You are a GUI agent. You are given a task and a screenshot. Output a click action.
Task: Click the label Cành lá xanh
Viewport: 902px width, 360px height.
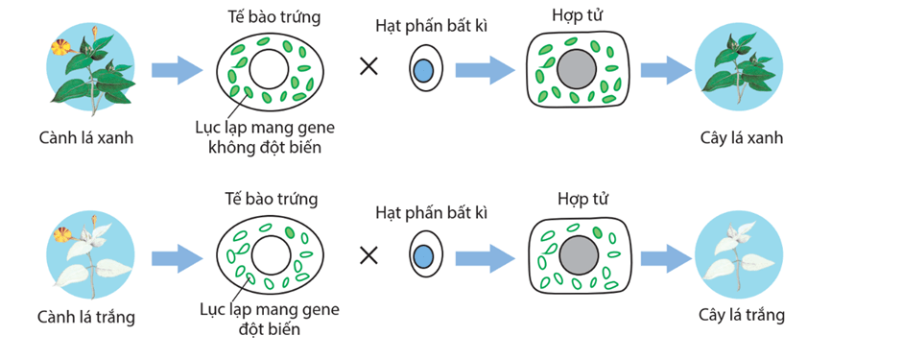click(x=86, y=137)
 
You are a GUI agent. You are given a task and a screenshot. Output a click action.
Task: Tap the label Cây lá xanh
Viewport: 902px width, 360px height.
click(x=742, y=137)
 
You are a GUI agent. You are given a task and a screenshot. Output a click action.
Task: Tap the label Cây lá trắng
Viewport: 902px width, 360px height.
click(x=743, y=314)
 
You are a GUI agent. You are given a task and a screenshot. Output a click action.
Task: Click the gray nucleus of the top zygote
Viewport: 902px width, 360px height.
click(x=578, y=70)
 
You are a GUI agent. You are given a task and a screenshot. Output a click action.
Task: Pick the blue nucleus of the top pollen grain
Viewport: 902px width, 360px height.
click(x=422, y=70)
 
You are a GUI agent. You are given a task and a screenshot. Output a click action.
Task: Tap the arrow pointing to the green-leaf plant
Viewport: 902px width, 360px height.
click(x=666, y=69)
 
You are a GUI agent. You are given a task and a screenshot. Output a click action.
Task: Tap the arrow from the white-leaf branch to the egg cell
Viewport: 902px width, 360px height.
click(x=177, y=256)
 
